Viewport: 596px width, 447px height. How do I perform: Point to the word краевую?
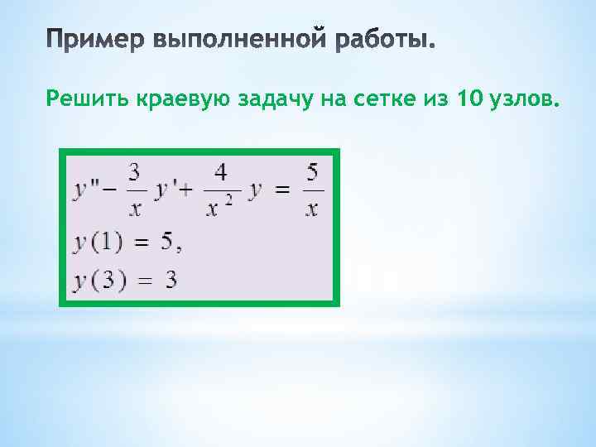pyautogui.click(x=181, y=101)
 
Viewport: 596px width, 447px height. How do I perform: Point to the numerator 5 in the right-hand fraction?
pyautogui.click(x=311, y=171)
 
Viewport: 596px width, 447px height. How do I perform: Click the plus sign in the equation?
pyautogui.click(x=184, y=191)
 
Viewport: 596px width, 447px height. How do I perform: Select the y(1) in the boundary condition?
pyautogui.click(x=98, y=243)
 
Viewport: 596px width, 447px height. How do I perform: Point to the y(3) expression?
pyautogui.click(x=98, y=280)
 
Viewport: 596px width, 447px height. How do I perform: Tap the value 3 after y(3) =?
pyautogui.click(x=171, y=279)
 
